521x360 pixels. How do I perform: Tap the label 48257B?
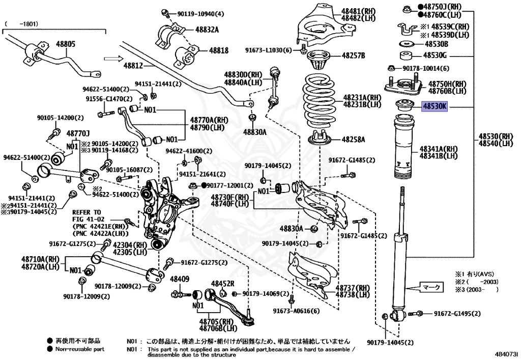[x=353, y=55]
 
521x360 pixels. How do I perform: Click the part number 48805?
[x=65, y=44]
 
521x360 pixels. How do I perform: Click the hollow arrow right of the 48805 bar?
[x=110, y=59]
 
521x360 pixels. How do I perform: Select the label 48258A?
[x=353, y=139]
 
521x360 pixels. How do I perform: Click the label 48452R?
[x=223, y=283]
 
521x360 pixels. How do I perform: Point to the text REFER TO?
[x=86, y=212]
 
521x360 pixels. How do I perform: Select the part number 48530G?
[x=436, y=56]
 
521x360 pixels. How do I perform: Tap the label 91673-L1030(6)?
[x=268, y=50]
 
